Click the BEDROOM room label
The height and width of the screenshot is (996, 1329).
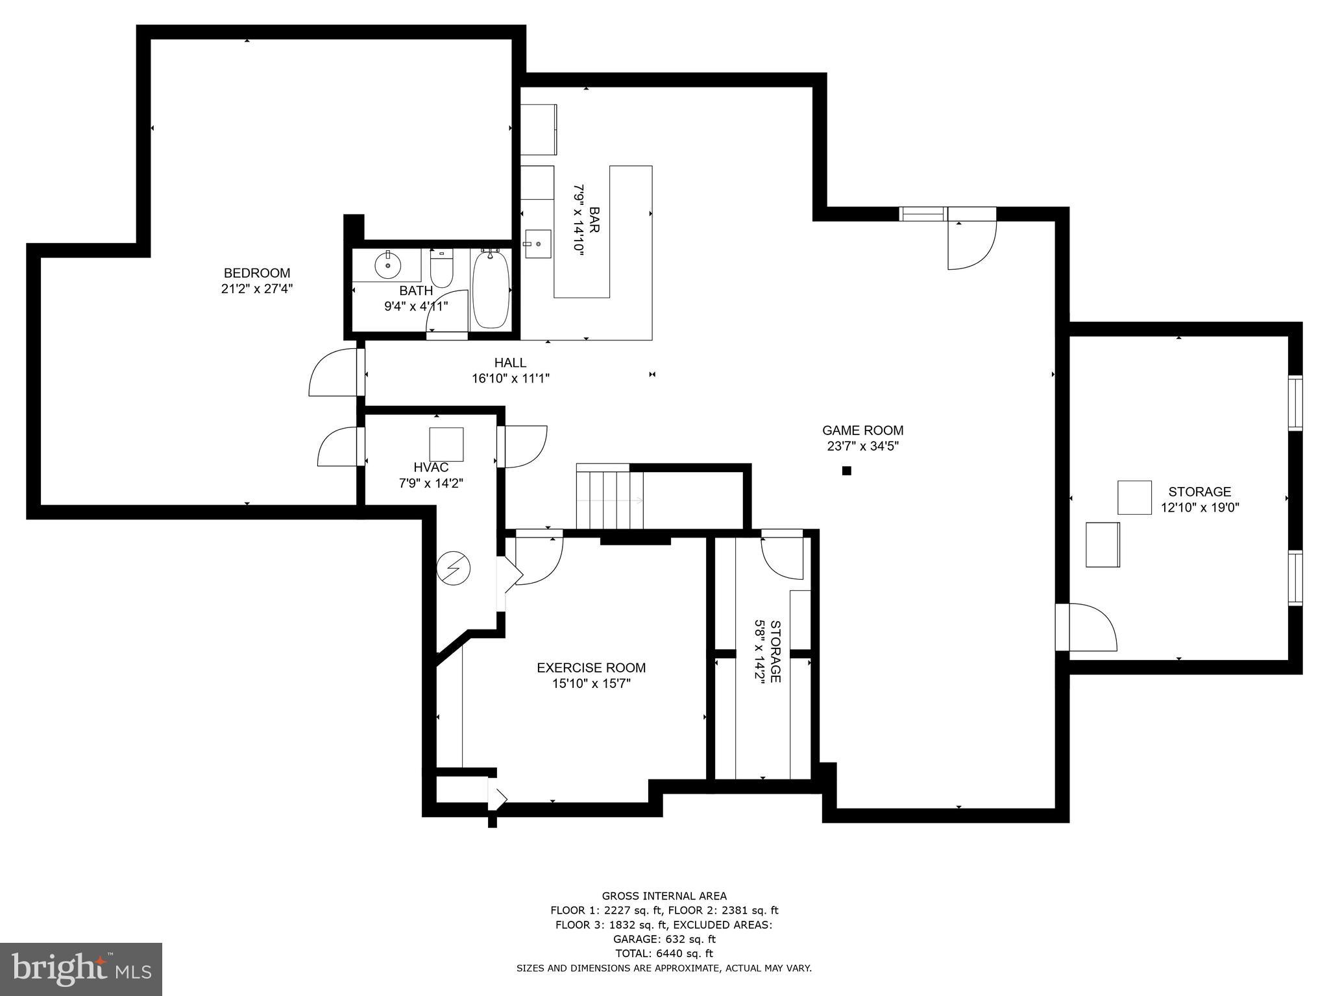[257, 273]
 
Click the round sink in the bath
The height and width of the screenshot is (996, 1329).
[387, 265]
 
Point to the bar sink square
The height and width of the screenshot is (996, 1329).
[538, 244]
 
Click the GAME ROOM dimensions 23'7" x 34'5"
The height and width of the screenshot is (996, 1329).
[862, 446]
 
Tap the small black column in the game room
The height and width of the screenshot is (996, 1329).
[846, 471]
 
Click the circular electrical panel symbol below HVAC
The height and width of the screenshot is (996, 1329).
[454, 569]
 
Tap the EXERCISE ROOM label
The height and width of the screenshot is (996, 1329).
[591, 667]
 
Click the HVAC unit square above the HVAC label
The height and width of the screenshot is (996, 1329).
[446, 444]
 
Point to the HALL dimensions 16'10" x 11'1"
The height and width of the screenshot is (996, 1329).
[511, 379]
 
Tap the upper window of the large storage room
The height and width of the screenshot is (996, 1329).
[1295, 403]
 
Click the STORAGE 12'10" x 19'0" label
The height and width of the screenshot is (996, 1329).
[1199, 499]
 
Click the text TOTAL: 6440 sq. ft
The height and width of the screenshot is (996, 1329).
[664, 953]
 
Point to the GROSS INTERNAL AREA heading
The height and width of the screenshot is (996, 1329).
[664, 896]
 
